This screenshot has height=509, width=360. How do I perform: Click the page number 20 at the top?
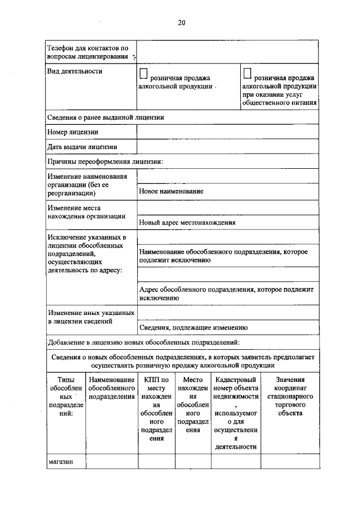tap(181, 22)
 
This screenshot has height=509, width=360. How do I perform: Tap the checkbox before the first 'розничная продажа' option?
tap(143, 73)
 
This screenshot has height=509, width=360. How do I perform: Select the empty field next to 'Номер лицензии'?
tap(227, 132)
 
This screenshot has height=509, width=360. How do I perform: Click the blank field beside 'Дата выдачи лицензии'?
tap(227, 146)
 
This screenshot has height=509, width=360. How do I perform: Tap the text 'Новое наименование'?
tap(171, 191)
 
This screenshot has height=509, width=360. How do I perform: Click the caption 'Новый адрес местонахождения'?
tap(187, 222)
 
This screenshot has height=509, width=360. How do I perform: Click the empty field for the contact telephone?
tap(227, 52)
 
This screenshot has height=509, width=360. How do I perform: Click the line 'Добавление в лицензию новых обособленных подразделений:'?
tap(144, 342)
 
